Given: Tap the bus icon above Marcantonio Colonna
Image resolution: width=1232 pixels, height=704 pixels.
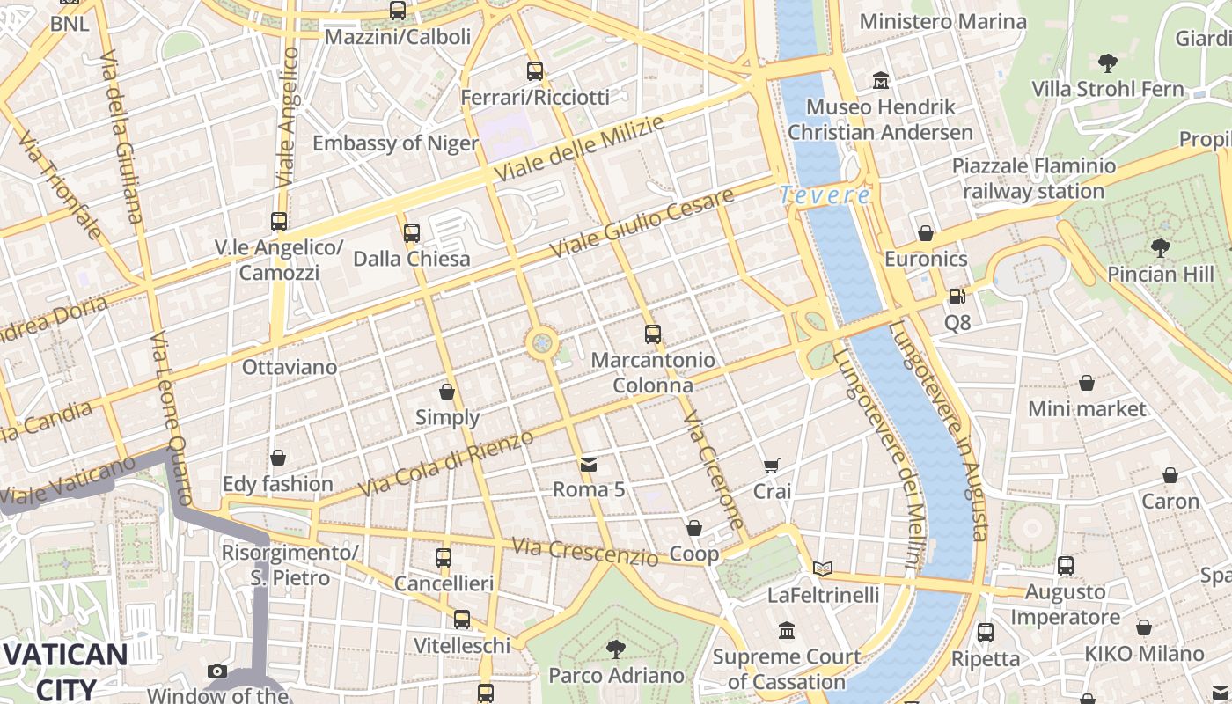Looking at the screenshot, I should pyautogui.click(x=652, y=334).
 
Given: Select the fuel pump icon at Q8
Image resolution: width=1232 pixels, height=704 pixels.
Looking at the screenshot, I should pyautogui.click(x=957, y=297).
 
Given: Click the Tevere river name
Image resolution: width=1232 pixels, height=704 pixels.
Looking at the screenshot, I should pyautogui.click(x=825, y=195).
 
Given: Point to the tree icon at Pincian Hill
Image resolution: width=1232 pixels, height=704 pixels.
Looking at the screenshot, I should pyautogui.click(x=1160, y=248).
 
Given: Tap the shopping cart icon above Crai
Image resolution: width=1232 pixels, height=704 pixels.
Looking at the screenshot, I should pyautogui.click(x=772, y=466).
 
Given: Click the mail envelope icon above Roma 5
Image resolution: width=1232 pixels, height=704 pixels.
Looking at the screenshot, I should pyautogui.click(x=588, y=464).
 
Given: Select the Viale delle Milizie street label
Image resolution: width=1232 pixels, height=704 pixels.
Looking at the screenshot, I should pyautogui.click(x=578, y=150).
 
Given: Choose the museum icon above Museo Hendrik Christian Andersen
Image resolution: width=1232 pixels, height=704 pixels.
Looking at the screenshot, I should pyautogui.click(x=880, y=81).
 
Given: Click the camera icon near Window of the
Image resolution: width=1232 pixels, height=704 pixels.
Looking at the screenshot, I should pyautogui.click(x=217, y=671).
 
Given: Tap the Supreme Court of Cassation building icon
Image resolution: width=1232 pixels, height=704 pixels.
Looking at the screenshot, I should pyautogui.click(x=787, y=631).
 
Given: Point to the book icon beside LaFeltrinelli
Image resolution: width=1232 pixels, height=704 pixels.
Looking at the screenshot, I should pyautogui.click(x=823, y=569).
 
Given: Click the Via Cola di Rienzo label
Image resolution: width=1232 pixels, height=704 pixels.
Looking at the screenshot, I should pyautogui.click(x=447, y=464).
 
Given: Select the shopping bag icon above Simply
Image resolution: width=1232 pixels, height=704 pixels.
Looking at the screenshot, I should pyautogui.click(x=447, y=392).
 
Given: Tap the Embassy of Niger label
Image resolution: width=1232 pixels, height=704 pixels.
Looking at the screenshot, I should pyautogui.click(x=395, y=143).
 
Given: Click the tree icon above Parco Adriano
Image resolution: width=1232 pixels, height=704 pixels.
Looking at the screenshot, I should pyautogui.click(x=616, y=649).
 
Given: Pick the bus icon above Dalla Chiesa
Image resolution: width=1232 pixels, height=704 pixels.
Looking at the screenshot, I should pyautogui.click(x=411, y=233).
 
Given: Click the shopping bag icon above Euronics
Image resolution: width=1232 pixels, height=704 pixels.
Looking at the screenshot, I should pyautogui.click(x=926, y=233).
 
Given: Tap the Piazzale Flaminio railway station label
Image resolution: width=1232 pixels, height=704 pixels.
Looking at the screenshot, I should pyautogui.click(x=1033, y=179).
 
